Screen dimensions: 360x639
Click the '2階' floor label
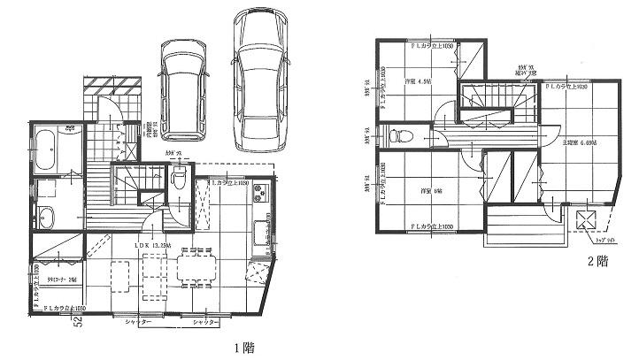[x=598, y=261]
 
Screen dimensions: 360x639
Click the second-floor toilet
[x=396, y=136]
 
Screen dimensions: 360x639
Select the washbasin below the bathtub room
[x=46, y=216]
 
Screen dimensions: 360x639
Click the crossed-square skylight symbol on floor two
[x=585, y=222]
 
